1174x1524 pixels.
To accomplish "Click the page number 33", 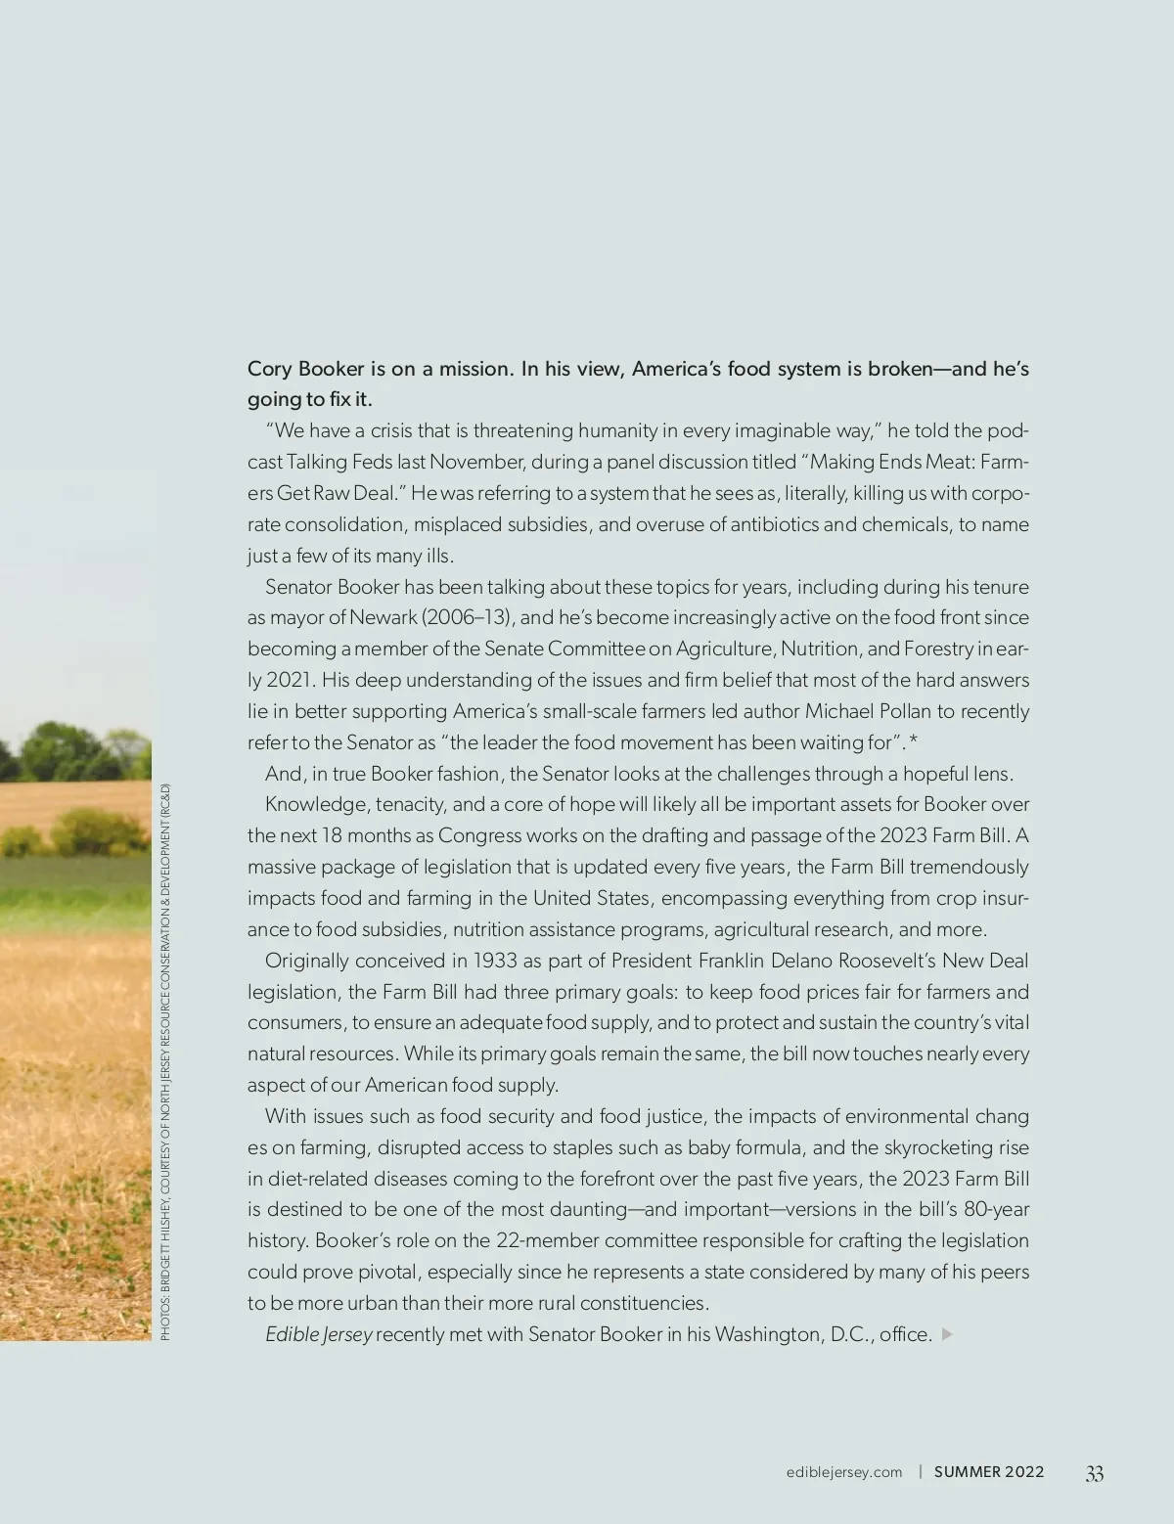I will click(x=1094, y=1473).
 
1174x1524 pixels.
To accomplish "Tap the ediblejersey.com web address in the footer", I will click(x=844, y=1472).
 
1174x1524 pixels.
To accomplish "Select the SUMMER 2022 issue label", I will click(x=989, y=1472).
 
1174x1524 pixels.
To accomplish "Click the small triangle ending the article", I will click(x=946, y=1334).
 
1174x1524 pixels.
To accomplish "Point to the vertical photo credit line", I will click(x=165, y=1061).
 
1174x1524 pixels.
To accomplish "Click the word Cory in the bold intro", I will click(x=269, y=369).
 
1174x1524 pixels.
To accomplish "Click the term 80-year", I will click(x=996, y=1209).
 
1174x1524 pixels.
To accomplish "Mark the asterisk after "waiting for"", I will click(x=913, y=741).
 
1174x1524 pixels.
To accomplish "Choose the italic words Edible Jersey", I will click(x=318, y=1334).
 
